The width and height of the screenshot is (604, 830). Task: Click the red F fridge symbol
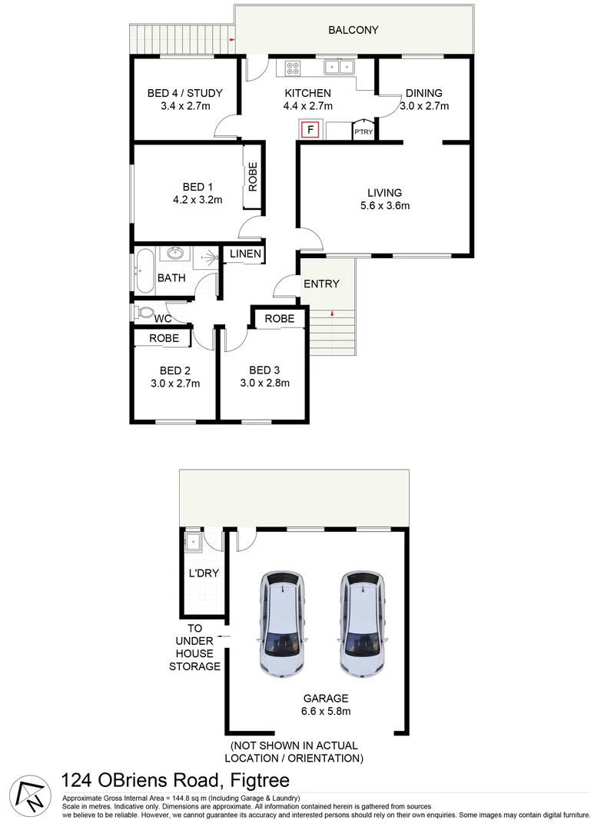tap(310, 130)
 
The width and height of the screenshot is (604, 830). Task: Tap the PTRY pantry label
tap(363, 132)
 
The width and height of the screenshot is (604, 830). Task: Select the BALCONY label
tap(353, 30)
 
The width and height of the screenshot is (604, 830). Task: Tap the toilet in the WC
tap(143, 313)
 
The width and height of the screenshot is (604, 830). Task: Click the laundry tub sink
tap(192, 543)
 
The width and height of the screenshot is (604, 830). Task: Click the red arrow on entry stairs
tap(331, 313)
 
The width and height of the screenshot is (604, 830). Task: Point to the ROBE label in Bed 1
tap(253, 178)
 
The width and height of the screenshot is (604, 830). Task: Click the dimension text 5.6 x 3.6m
tap(385, 205)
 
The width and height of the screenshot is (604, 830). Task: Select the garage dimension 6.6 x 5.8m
tap(326, 711)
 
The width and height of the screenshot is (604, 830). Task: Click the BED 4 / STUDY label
tap(184, 94)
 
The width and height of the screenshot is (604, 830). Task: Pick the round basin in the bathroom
tap(174, 253)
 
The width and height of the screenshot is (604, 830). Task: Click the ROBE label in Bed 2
tap(164, 337)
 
